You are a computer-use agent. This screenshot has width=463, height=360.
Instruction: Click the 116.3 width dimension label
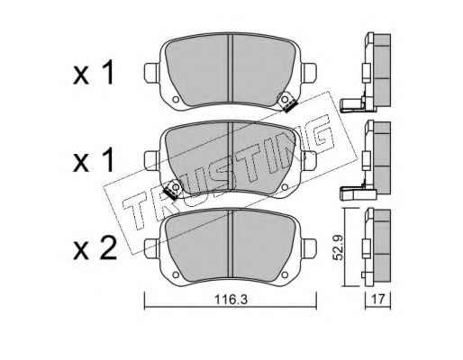231,300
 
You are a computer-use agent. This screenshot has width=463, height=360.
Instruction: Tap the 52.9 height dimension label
339,247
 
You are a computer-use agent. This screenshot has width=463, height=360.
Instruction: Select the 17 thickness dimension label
377,299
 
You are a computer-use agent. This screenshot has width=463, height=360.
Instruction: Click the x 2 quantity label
95,248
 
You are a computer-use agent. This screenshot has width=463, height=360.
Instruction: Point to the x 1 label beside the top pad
94,72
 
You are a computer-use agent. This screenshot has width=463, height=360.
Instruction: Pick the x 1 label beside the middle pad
94,160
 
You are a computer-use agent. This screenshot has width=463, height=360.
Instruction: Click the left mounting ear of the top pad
150,73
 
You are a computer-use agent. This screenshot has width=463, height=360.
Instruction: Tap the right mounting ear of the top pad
309,73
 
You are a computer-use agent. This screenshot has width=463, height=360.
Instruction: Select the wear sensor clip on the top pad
287,102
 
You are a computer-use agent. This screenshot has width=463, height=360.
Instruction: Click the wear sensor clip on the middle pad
172,190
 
